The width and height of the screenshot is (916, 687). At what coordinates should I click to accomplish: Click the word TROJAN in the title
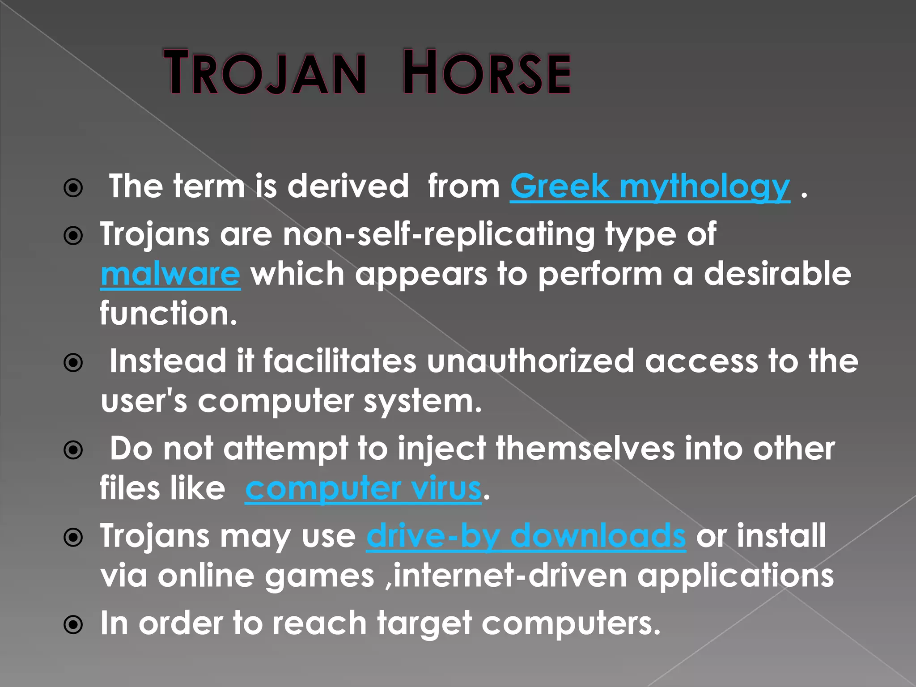(265, 73)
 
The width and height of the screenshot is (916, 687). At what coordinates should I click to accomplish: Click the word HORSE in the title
(487, 73)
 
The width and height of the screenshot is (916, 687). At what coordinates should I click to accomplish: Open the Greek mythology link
(650, 187)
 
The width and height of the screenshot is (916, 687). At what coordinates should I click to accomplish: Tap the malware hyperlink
(170, 274)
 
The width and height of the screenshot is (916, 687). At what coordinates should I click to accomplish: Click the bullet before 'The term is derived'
(73, 188)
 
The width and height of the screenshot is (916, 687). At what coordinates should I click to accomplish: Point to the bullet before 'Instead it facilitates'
(73, 363)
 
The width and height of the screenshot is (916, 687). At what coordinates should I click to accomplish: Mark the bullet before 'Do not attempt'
(73, 450)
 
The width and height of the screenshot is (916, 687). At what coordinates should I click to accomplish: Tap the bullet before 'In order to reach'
(73, 624)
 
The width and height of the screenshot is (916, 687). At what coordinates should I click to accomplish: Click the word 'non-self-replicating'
(438, 234)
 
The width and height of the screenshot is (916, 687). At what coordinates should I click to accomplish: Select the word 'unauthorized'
(530, 361)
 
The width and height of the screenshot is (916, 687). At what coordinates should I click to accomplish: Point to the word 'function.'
(169, 313)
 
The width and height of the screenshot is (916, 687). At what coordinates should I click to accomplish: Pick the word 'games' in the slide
(319, 576)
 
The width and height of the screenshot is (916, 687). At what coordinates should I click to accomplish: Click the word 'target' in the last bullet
(424, 623)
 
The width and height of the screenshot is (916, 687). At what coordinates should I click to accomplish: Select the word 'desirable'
(777, 274)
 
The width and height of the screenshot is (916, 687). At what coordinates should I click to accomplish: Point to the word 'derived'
(348, 187)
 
